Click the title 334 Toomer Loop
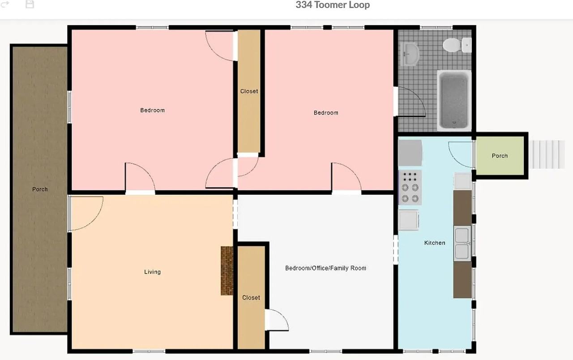point(333,5)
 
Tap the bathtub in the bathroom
point(454,100)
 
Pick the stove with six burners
point(410,187)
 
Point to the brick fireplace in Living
point(227,270)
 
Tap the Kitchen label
point(435,243)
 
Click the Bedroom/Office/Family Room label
point(325,268)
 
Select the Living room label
point(152,272)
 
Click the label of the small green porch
point(500,156)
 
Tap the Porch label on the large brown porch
point(40,189)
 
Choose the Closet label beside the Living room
point(251,297)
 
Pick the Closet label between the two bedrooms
point(249,91)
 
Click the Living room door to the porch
point(86,213)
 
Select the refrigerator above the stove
point(410,153)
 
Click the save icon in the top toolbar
point(30,4)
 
